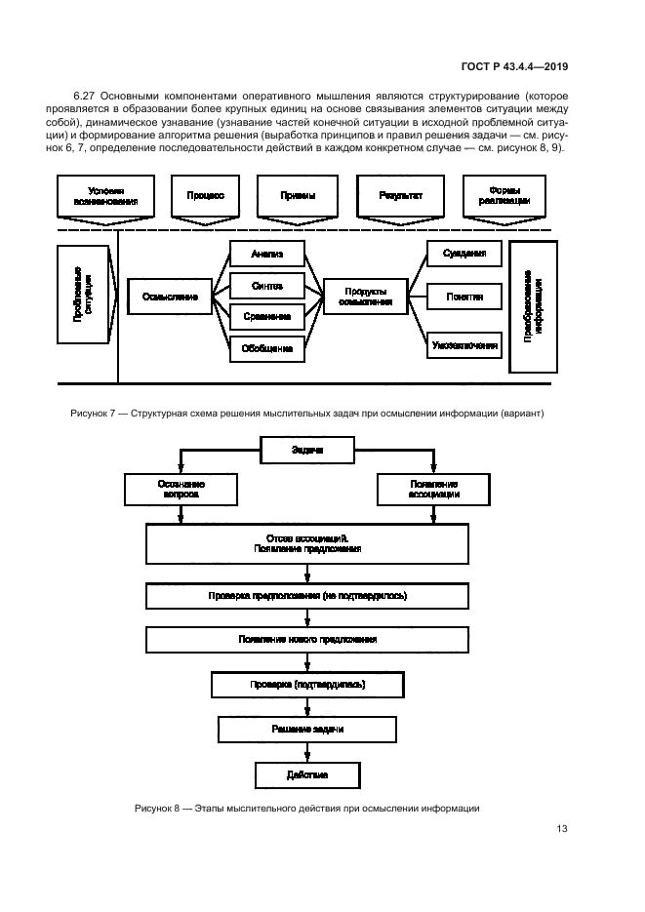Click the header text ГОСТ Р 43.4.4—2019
pyautogui.click(x=518, y=66)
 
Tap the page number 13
pyautogui.click(x=561, y=829)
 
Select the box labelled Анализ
pyautogui.click(x=266, y=255)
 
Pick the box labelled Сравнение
pyautogui.click(x=266, y=316)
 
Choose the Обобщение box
pyautogui.click(x=266, y=347)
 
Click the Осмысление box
pyautogui.click(x=170, y=296)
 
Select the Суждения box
pyautogui.click(x=464, y=254)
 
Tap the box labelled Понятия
pyautogui.click(x=464, y=296)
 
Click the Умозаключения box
pyautogui.click(x=464, y=344)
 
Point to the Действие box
pyautogui.click(x=307, y=774)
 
